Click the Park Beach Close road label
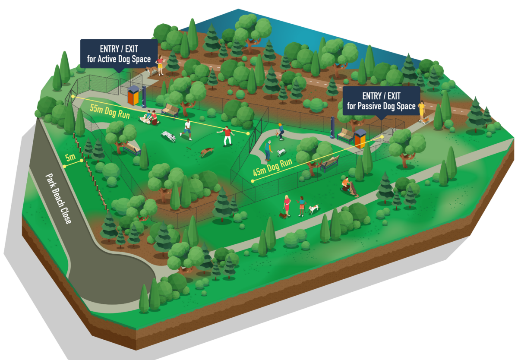(x=59, y=199)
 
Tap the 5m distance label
(x=70, y=158)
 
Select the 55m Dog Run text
(x=110, y=111)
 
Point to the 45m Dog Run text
(x=273, y=167)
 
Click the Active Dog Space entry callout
(x=119, y=54)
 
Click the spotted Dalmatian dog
(x=168, y=136)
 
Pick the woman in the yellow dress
(x=422, y=111)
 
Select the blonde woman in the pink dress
(x=287, y=205)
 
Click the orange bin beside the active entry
(x=134, y=95)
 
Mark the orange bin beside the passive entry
(x=360, y=139)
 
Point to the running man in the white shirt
(x=187, y=129)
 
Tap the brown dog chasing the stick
(x=207, y=152)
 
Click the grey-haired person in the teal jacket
(x=268, y=151)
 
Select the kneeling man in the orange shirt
(x=346, y=184)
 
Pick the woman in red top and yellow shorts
(x=160, y=66)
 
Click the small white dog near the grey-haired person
(x=281, y=152)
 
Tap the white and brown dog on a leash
(x=313, y=209)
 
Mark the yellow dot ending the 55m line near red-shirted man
(x=248, y=133)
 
